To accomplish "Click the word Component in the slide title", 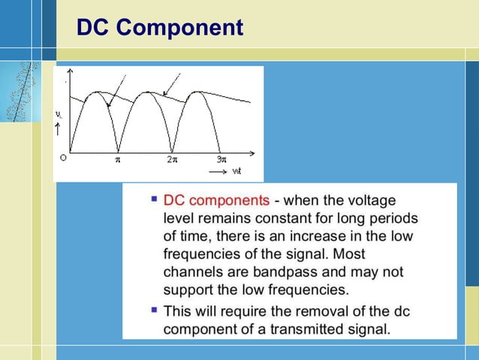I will pyautogui.click(x=180, y=28).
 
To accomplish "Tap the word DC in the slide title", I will pyautogui.click(x=95, y=28).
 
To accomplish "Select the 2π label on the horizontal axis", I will pyautogui.click(x=172, y=159).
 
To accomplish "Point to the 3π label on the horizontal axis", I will pyautogui.click(x=221, y=159).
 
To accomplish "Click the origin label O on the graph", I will pyautogui.click(x=63, y=159).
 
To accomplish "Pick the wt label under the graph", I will pyautogui.click(x=236, y=171).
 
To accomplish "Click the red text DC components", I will pyautogui.click(x=216, y=201).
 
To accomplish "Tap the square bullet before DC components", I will pyautogui.click(x=154, y=200).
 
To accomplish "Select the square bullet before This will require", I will pyautogui.click(x=154, y=309).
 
